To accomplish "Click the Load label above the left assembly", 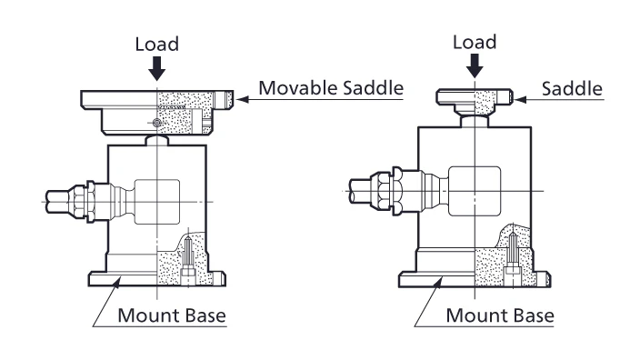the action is coord(157,44).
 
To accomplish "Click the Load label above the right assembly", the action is coord(475,42).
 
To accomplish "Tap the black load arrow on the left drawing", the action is coord(156,68).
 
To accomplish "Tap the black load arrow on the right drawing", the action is coord(475,65).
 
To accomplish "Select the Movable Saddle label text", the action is coord(331,88).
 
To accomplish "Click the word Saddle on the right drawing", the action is coord(572,88).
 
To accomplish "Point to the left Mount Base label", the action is coord(172,315).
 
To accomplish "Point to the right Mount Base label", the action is coord(500,315).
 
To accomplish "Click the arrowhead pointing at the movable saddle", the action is coord(243,99).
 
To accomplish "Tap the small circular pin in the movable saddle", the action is coord(156,123).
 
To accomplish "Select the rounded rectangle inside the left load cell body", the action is coord(157,202).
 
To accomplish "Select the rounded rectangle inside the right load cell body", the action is coord(475,191).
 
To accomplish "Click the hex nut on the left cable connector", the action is coord(91,202).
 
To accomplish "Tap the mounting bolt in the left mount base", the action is coord(188,260).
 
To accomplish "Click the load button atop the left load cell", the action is coord(157,140).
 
